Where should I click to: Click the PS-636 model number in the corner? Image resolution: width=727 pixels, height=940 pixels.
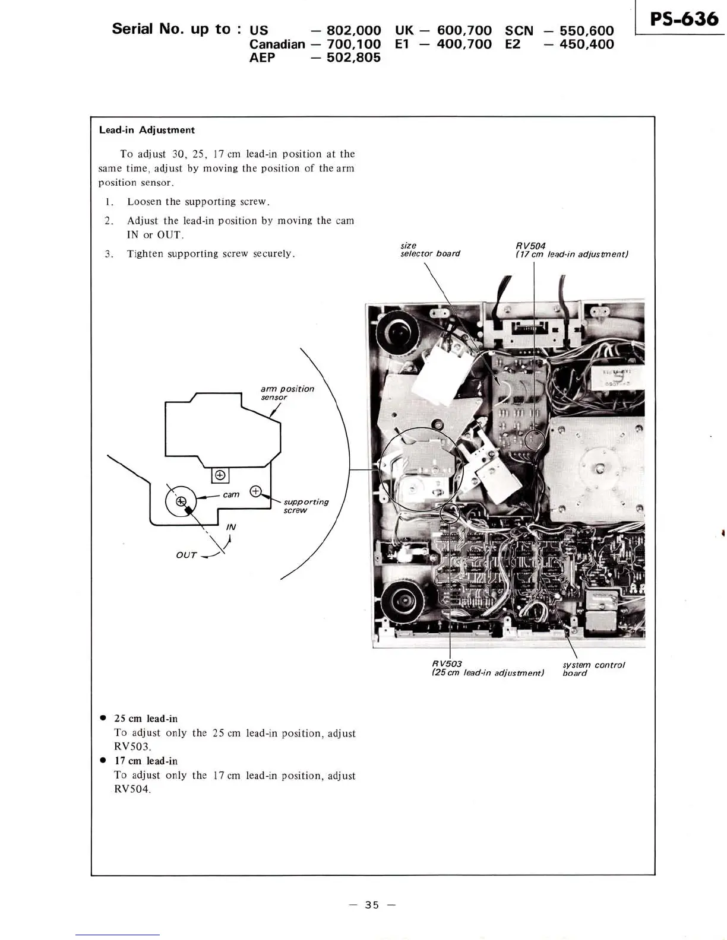(x=684, y=20)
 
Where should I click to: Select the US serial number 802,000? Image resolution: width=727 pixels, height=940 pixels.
(x=353, y=30)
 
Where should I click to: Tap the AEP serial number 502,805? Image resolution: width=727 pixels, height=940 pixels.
(x=353, y=58)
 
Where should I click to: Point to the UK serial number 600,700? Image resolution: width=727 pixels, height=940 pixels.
(x=464, y=30)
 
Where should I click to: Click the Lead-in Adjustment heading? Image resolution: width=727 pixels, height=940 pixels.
(x=147, y=130)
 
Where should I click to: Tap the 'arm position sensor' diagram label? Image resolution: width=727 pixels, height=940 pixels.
(x=287, y=393)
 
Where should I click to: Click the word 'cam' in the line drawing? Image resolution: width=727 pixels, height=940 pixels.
(x=231, y=494)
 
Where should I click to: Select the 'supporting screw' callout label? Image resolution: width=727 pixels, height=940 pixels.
(x=305, y=506)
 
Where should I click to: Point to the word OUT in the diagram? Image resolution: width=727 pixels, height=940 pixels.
(x=186, y=555)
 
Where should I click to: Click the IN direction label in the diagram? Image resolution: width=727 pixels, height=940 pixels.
(x=231, y=527)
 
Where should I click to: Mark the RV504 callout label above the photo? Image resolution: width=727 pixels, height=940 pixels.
(x=530, y=246)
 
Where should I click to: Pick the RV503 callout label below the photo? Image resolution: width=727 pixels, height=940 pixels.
(x=447, y=663)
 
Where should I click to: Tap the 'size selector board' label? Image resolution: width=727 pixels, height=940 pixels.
(x=429, y=250)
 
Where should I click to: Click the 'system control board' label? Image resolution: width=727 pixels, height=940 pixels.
(x=593, y=669)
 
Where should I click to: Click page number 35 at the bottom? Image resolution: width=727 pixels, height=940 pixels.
(x=372, y=905)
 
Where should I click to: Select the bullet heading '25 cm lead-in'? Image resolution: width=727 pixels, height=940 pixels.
(x=146, y=719)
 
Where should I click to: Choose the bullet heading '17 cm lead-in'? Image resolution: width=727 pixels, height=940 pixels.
(x=146, y=761)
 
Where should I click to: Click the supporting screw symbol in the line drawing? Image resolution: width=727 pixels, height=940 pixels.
(x=256, y=491)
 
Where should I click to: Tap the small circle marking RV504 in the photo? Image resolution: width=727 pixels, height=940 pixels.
(x=535, y=440)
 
